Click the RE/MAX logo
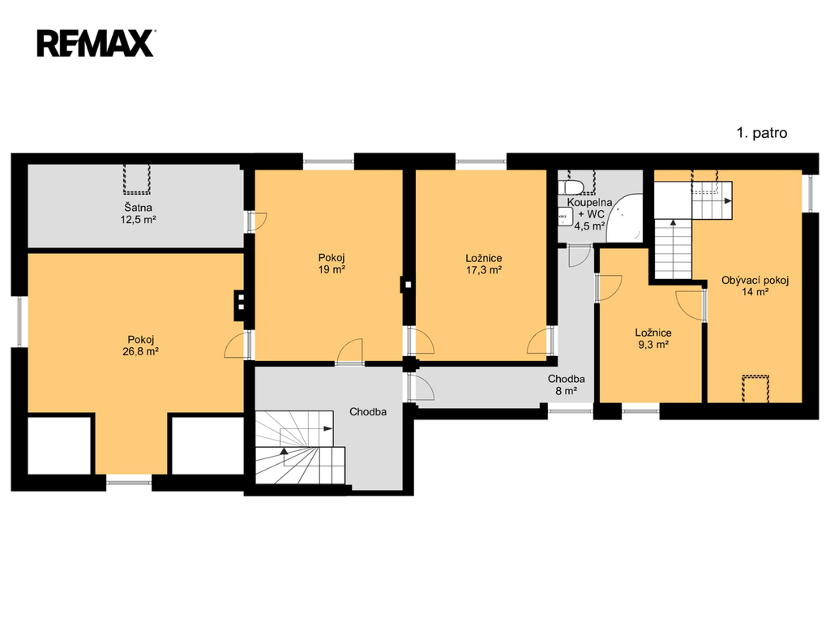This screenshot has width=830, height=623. click(96, 43)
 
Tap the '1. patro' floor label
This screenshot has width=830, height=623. click(762, 133)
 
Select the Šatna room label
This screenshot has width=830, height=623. click(138, 208)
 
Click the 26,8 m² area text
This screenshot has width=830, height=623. click(141, 351)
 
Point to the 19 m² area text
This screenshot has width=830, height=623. click(332, 269)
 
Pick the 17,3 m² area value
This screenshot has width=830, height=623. click(484, 269)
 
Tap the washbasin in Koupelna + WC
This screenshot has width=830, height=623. click(565, 216)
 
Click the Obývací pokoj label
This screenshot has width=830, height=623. click(755, 280)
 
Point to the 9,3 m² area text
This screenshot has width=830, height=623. click(653, 345)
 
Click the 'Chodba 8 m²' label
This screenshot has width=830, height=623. click(566, 385)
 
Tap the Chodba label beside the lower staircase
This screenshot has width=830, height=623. click(368, 411)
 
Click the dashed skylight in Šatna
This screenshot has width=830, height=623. click(137, 179)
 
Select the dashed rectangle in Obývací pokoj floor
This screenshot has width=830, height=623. click(755, 389)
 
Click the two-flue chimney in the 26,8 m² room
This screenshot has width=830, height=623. click(241, 306)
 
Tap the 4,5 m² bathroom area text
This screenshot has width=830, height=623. click(590, 226)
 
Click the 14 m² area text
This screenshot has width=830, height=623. click(755, 292)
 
